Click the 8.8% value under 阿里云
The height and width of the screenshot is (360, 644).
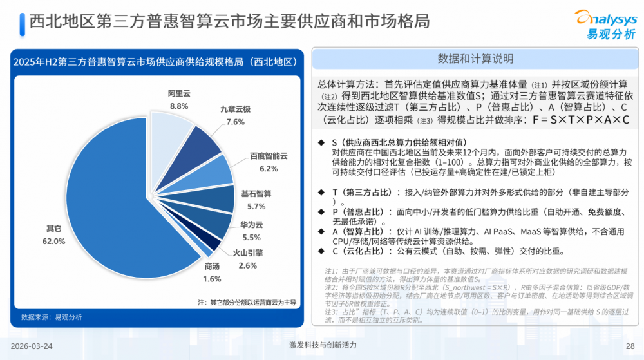tap(179, 106)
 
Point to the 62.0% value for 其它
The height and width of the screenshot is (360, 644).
tap(54, 241)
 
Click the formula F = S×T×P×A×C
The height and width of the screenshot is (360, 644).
tap(580, 120)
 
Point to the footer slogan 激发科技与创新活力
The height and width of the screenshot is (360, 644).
tap(323, 345)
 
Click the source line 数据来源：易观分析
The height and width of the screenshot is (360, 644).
tap(52, 317)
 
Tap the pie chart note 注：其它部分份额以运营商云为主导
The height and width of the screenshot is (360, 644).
tap(247, 301)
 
